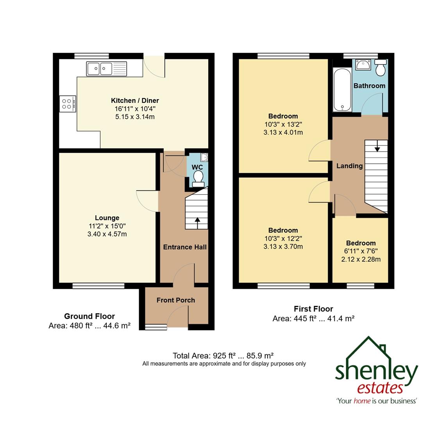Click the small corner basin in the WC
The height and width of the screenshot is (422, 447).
[x=204, y=157]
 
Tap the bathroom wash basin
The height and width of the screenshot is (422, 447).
[x=363, y=64]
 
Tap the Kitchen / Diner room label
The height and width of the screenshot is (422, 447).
[x=135, y=101]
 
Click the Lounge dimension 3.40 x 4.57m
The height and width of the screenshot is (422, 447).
[x=107, y=234]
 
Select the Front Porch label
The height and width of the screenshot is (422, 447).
[x=175, y=300]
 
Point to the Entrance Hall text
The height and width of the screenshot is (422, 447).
[x=184, y=247]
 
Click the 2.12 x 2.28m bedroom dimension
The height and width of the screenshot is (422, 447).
[x=361, y=259]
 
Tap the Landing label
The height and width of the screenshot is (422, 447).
[x=349, y=166]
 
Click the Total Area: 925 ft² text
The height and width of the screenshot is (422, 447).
[x=223, y=356]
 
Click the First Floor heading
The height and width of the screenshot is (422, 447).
[x=313, y=309]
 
